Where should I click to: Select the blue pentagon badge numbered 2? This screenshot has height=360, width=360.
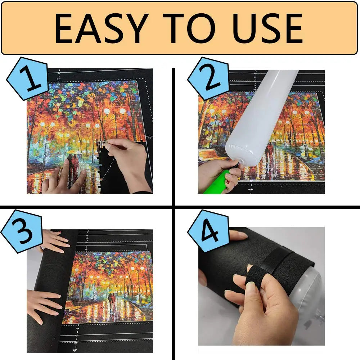[208, 78]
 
